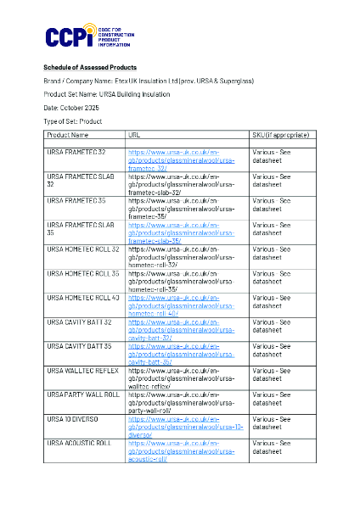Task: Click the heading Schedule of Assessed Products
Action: click(x=90, y=67)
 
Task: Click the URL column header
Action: click(x=134, y=135)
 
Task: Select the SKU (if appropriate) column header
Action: click(x=280, y=135)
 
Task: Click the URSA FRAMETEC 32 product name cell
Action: click(x=76, y=152)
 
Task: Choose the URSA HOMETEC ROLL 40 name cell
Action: click(x=83, y=298)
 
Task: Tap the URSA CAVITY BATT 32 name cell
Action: click(x=80, y=322)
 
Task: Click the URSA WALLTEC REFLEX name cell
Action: click(x=82, y=371)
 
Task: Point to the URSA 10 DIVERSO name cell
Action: click(x=73, y=419)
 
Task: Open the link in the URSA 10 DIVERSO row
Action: click(x=185, y=427)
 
